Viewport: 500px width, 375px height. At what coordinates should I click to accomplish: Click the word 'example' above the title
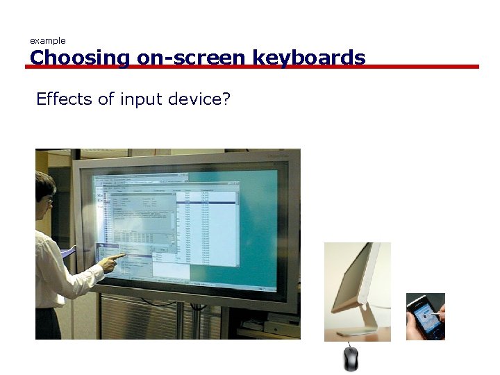click(x=47, y=41)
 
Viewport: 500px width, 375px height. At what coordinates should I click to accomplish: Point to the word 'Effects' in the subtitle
click(x=64, y=99)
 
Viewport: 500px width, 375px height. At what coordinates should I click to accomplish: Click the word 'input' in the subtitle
click(x=138, y=99)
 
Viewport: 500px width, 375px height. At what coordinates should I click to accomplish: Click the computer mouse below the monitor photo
click(x=351, y=358)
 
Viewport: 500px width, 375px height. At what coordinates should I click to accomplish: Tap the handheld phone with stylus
click(x=425, y=316)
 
